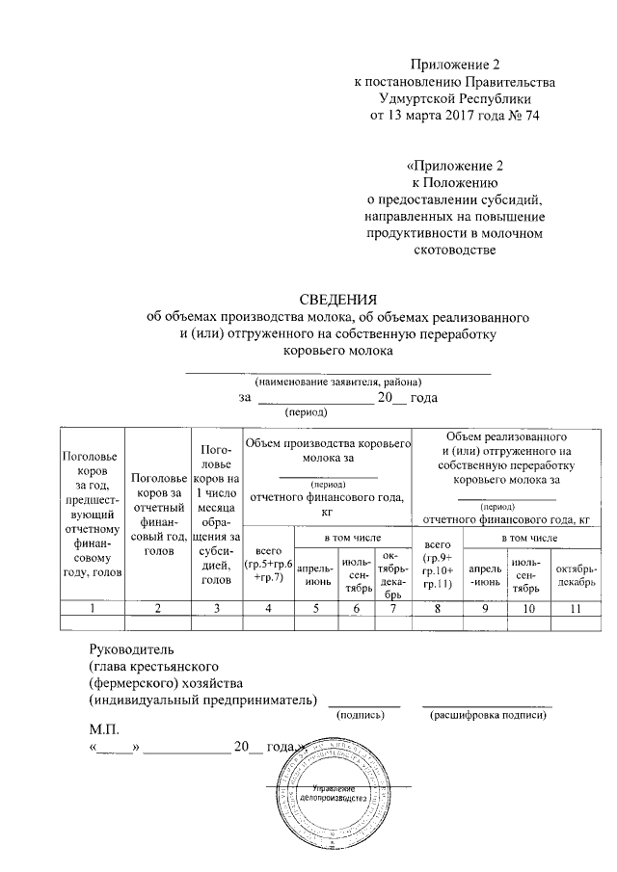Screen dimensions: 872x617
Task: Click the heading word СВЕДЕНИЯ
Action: [336, 298]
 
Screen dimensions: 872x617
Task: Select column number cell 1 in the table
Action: [93, 607]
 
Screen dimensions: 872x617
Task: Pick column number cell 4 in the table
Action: [268, 607]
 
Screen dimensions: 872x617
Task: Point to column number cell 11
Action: [577, 607]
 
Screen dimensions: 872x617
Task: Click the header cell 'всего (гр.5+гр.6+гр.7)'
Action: [268, 562]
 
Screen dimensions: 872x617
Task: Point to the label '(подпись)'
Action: [360, 715]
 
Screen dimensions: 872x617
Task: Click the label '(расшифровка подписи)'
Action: [487, 715]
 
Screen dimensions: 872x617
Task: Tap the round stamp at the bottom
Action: [334, 799]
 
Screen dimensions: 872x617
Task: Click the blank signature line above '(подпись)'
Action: [360, 704]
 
